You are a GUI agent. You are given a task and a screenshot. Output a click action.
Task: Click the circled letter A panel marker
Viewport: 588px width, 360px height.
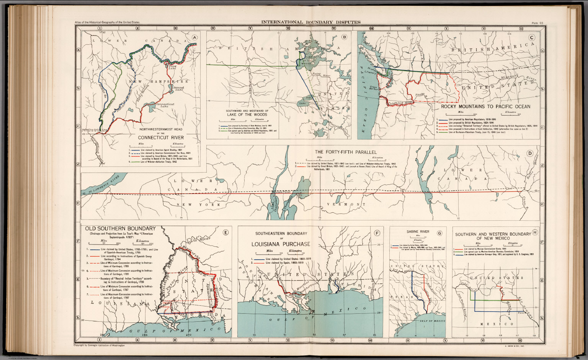[x=195, y=37]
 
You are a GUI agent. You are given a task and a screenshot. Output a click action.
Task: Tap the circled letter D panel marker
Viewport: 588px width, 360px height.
[x=530, y=153]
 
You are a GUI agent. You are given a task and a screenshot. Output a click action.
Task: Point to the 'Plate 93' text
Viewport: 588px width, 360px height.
[x=537, y=23]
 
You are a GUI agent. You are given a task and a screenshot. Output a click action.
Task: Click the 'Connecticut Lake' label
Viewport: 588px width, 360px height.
[x=165, y=105]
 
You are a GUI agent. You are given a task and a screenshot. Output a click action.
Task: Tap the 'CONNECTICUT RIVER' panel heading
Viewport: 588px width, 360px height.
[x=161, y=137]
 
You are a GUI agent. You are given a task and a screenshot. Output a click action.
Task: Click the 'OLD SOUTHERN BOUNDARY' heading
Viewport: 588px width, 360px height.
[x=120, y=228]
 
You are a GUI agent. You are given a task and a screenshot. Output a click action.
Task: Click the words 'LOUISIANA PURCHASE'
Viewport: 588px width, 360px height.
[x=281, y=244]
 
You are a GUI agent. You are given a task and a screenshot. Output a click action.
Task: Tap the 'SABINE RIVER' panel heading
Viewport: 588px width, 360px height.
[x=418, y=231]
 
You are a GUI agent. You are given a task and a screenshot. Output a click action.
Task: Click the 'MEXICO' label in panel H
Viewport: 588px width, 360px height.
[x=497, y=324]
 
